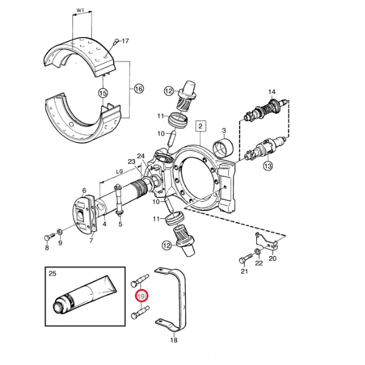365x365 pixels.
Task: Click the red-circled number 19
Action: [141, 296]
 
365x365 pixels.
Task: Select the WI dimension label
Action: [81, 11]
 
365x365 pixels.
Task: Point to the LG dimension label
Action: [120, 172]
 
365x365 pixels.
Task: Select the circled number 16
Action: [138, 88]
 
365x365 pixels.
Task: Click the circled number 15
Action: [103, 93]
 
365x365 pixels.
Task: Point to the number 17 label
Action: [125, 41]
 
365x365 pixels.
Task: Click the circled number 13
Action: [268, 165]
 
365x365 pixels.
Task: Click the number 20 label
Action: [273, 258]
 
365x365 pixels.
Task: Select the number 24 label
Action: [141, 156]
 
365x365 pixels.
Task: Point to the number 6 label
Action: [84, 190]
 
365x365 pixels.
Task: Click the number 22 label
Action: [259, 263]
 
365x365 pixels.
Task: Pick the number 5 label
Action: [120, 224]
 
